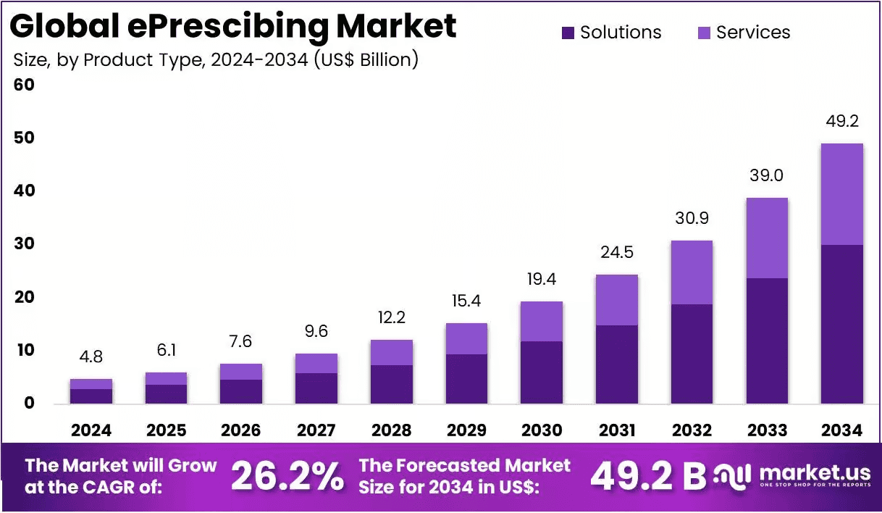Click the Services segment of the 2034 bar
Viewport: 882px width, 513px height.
click(x=842, y=194)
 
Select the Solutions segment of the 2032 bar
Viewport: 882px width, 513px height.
click(x=692, y=354)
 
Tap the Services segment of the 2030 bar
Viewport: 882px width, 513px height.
click(x=542, y=322)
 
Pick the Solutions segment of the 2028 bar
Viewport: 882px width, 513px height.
click(x=391, y=385)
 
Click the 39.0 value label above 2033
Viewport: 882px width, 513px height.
click(x=766, y=175)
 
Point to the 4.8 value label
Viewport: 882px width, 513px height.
click(x=91, y=357)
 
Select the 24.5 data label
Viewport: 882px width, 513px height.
click(x=617, y=252)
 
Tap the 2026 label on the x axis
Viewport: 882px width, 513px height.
click(x=240, y=430)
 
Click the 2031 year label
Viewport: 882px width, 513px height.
click(x=617, y=430)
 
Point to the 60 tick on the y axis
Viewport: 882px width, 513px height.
click(x=24, y=85)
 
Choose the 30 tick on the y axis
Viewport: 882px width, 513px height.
click(x=25, y=243)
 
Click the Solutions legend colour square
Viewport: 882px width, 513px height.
click(x=568, y=33)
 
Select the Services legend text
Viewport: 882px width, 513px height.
click(x=753, y=33)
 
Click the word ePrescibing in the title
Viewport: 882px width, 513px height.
click(x=228, y=26)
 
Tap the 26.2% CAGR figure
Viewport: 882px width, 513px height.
click(x=287, y=476)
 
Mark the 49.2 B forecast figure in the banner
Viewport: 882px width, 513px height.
click(x=649, y=476)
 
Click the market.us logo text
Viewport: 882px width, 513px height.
click(x=815, y=473)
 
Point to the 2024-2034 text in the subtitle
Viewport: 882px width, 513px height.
click(x=259, y=60)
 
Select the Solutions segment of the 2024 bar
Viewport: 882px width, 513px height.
click(x=91, y=396)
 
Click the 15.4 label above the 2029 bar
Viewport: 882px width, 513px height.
click(x=466, y=301)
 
